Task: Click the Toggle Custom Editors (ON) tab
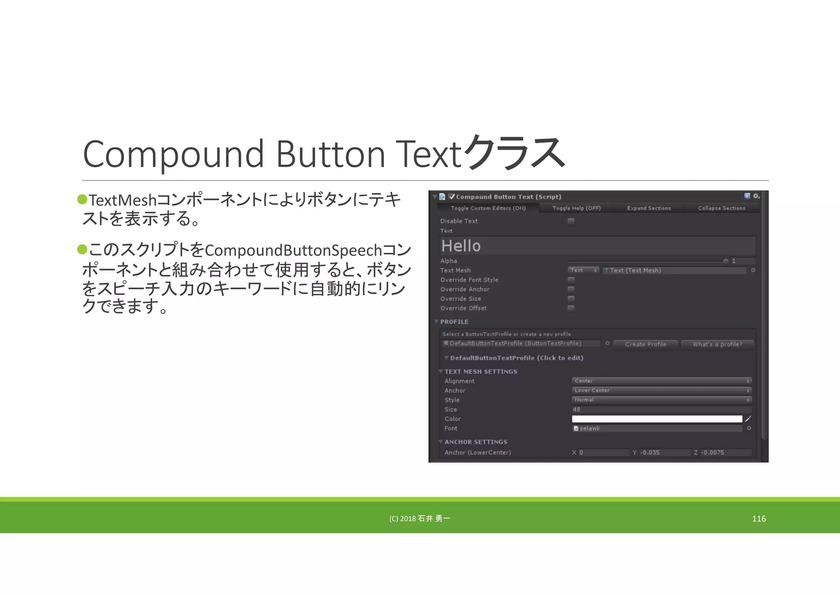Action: coord(488,208)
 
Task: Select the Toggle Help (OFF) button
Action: coord(576,208)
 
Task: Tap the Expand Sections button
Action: coord(649,208)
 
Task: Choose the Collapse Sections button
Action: coord(721,208)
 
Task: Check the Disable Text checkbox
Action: coord(571,221)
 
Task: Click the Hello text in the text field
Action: coord(461,246)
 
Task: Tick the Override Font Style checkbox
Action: coord(571,280)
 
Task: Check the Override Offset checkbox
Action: coord(571,308)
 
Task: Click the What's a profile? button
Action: coord(717,345)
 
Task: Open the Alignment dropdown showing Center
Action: coord(661,381)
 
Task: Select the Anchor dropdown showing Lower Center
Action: coord(661,391)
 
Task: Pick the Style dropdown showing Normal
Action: coord(661,400)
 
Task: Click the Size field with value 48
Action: coord(661,409)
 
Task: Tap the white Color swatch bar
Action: coord(657,419)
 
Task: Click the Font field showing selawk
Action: coord(657,428)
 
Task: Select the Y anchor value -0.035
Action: coord(664,452)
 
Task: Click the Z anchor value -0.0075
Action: coord(725,452)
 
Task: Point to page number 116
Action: coord(759,519)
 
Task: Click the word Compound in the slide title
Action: coord(173,154)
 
